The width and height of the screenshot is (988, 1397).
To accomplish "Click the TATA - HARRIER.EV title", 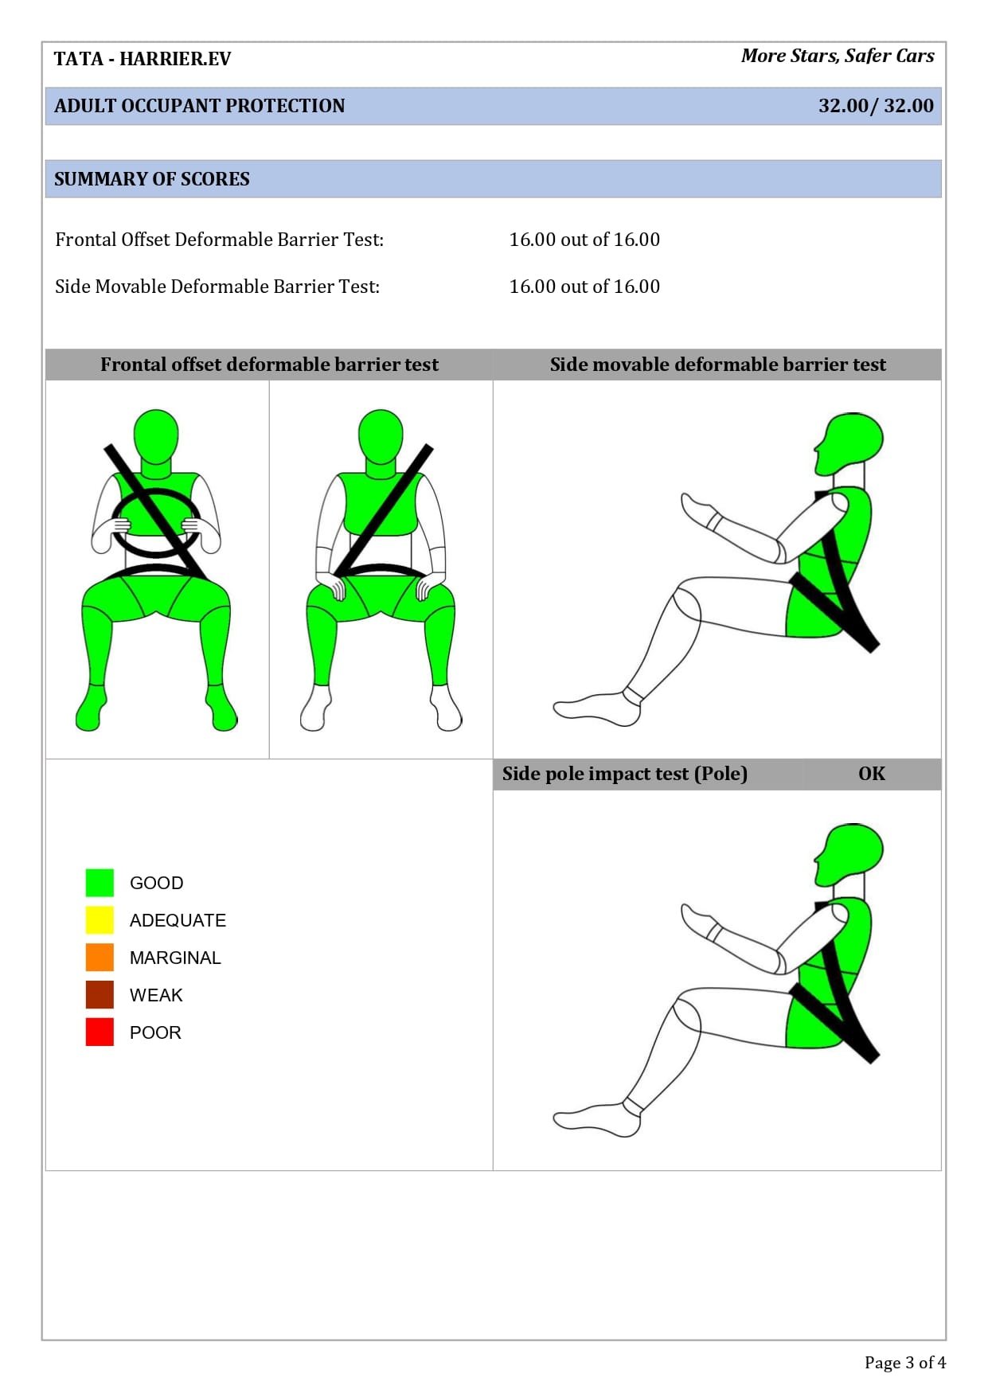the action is (x=143, y=59).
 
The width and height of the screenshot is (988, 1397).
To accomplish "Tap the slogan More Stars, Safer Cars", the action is (x=838, y=56).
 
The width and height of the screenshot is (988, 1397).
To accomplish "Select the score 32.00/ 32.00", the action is (x=876, y=106).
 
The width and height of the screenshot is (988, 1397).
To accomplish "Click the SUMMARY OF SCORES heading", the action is (x=152, y=179).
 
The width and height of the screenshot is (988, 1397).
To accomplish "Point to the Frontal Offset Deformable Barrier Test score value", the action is (x=584, y=240).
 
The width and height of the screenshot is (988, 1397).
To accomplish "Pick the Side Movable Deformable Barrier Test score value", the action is (x=584, y=287).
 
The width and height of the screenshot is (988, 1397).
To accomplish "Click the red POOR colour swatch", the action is (x=100, y=1032).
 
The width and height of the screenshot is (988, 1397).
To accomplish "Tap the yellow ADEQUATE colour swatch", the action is (x=100, y=919).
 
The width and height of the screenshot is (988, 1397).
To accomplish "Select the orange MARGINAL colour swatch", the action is (x=100, y=957).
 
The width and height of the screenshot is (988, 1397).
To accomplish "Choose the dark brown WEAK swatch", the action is (x=100, y=994).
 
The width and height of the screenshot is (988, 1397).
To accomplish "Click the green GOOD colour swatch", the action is (x=100, y=882).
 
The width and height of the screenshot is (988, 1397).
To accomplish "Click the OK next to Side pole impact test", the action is (x=872, y=774).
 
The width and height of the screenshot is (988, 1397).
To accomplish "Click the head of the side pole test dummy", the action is (x=850, y=855).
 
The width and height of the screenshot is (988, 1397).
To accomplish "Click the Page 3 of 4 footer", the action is (x=905, y=1363).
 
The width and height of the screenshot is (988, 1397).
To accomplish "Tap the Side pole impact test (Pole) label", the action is (x=625, y=774).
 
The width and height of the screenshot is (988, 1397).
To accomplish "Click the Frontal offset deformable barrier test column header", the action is (x=269, y=365).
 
